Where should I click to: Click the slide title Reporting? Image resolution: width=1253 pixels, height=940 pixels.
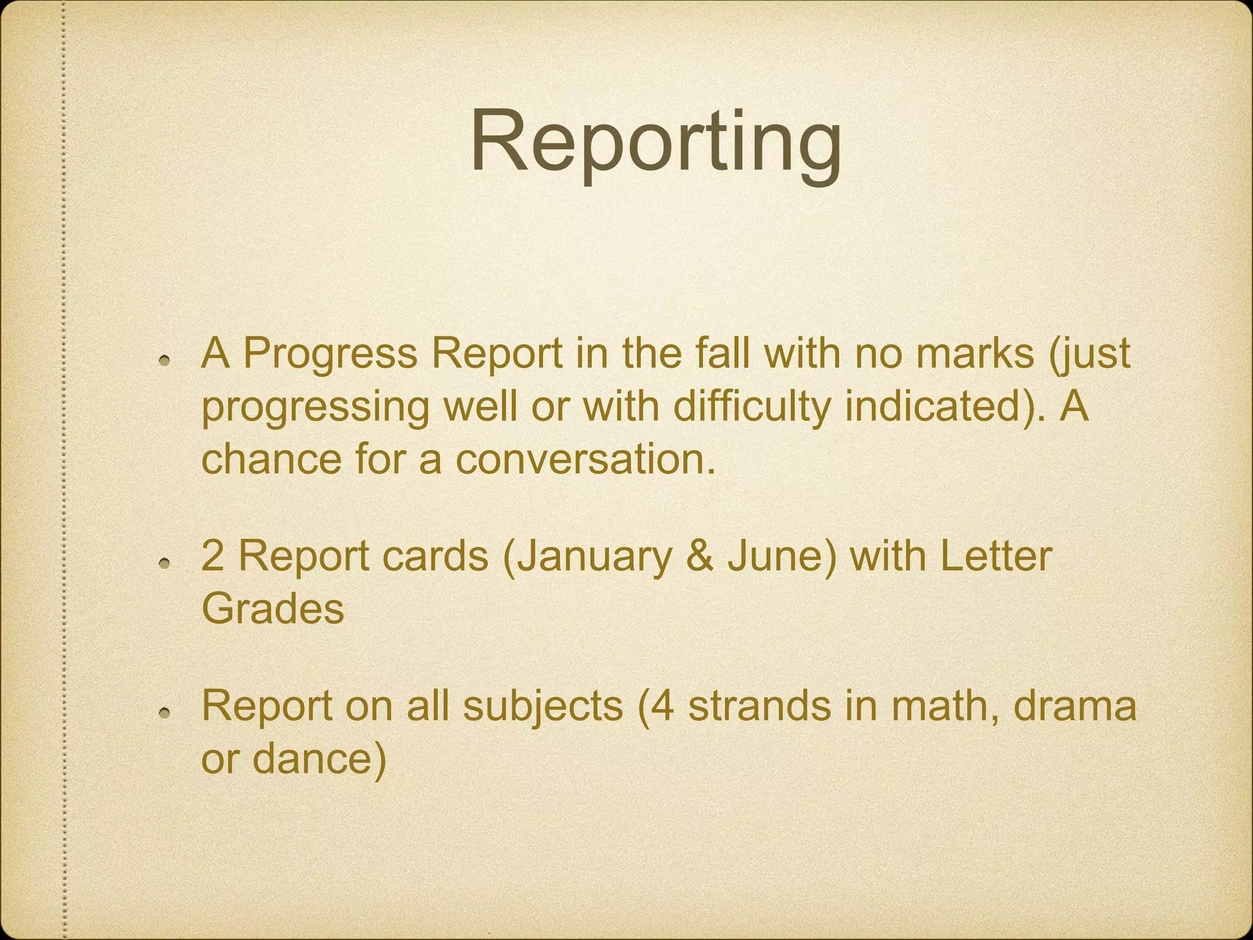tap(656, 142)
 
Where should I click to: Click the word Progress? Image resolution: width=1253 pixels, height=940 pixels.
tap(330, 355)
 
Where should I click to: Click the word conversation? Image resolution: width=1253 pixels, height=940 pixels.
tap(585, 459)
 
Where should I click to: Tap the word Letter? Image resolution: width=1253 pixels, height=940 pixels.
tap(995, 556)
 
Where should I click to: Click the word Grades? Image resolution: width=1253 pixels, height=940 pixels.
tap(273, 608)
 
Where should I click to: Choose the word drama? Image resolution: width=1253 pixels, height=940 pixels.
tap(1075, 706)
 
